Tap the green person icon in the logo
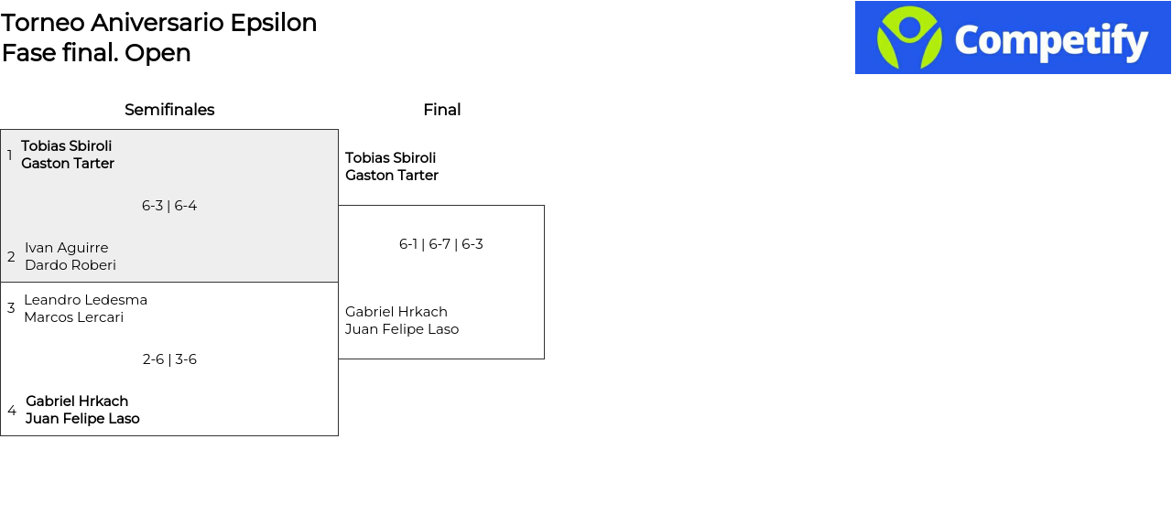[909, 37]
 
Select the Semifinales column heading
[169, 110]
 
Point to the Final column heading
[442, 110]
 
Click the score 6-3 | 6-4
[169, 206]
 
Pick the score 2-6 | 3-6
[169, 359]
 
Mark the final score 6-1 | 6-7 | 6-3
[441, 244]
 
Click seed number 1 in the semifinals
[9, 155]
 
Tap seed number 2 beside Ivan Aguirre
[11, 257]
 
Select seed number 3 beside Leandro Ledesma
[11, 308]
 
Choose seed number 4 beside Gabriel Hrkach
[12, 411]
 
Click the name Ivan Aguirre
[67, 248]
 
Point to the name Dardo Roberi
[71, 265]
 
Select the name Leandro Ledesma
[86, 300]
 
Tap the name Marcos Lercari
[74, 317]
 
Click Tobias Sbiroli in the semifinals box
[67, 145]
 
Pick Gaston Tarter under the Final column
[392, 176]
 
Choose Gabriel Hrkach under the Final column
[396, 312]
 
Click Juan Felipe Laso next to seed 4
[82, 419]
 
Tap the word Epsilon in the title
[274, 24]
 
